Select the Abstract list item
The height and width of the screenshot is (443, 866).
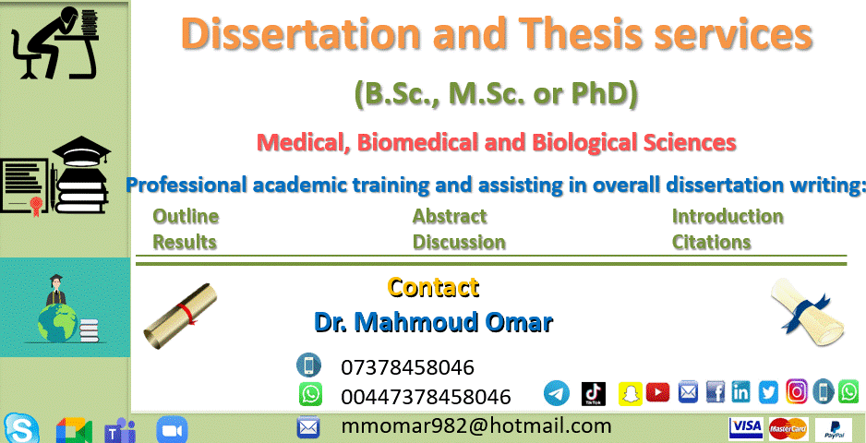(x=450, y=217)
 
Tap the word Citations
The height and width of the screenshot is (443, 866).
(x=711, y=243)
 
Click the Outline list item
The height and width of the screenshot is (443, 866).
(x=186, y=217)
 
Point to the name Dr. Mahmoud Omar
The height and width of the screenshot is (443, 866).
(x=433, y=322)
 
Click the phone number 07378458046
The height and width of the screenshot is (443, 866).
(x=407, y=367)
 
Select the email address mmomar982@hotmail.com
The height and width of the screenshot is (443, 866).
(x=475, y=425)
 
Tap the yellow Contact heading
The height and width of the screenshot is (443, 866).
(x=433, y=287)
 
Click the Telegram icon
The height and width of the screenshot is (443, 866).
(x=557, y=392)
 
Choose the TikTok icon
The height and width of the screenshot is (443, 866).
(x=593, y=393)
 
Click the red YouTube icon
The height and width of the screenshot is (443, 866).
(x=657, y=392)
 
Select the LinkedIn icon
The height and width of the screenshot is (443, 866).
(x=740, y=392)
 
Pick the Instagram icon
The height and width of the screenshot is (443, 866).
(x=797, y=392)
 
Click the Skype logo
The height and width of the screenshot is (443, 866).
(x=22, y=428)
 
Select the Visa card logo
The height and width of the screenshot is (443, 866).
(x=745, y=427)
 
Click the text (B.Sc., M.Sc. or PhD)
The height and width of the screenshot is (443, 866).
(x=496, y=92)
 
